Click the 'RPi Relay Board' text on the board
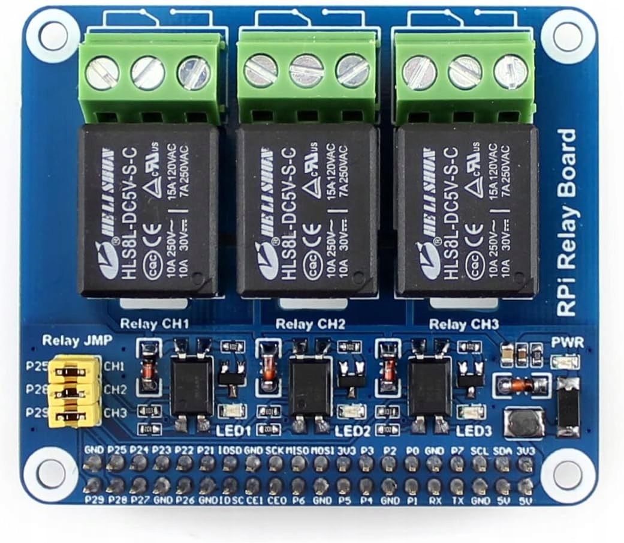[x=567, y=222]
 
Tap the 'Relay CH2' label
[x=310, y=325]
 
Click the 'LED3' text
[x=474, y=431]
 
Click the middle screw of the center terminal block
[x=306, y=71]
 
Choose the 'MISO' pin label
[x=297, y=450]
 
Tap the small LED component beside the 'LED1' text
[x=231, y=411]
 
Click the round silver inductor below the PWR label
[x=523, y=423]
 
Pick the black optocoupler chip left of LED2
[x=310, y=387]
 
